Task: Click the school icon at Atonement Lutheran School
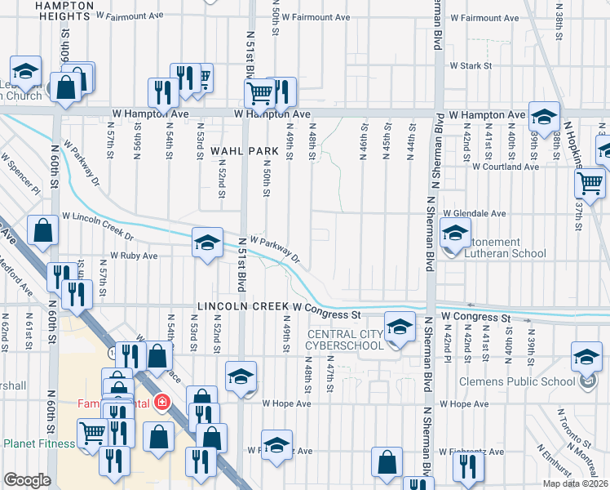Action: click(x=455, y=234)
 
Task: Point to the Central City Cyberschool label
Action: click(x=344, y=340)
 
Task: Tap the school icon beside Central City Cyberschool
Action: click(x=399, y=328)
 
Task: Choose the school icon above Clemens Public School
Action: click(x=586, y=357)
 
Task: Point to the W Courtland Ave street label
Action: click(x=506, y=167)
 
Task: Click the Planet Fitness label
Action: click(x=38, y=443)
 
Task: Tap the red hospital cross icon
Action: click(x=163, y=403)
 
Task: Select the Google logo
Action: click(x=27, y=480)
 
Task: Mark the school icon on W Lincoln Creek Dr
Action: click(x=208, y=242)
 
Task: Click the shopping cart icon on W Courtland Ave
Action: click(x=590, y=183)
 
